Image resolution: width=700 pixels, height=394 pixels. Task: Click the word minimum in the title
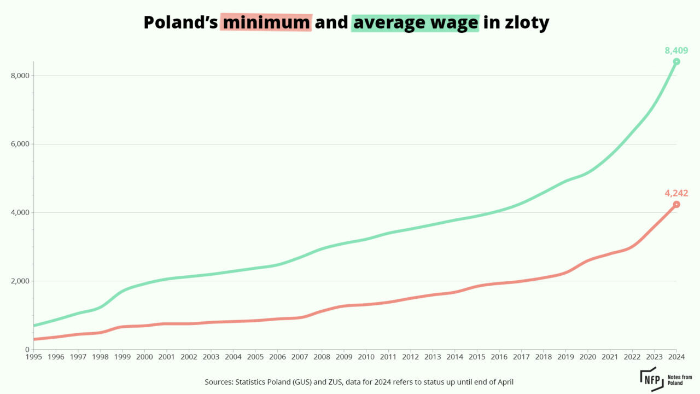click(x=266, y=22)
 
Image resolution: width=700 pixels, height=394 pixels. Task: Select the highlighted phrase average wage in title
click(x=415, y=22)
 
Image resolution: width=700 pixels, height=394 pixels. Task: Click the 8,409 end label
click(x=676, y=51)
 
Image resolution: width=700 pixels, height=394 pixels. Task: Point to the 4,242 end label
click(x=676, y=193)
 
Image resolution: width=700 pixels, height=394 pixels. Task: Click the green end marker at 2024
click(x=676, y=61)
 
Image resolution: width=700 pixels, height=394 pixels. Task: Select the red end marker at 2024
click(x=676, y=204)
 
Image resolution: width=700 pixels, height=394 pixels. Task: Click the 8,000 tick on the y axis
click(x=20, y=76)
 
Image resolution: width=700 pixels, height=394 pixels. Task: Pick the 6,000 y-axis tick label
click(x=20, y=144)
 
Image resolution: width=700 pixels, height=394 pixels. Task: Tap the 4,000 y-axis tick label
click(x=20, y=212)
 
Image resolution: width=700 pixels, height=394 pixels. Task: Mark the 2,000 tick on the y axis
click(x=20, y=281)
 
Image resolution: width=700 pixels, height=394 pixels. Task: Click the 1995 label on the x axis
click(x=34, y=357)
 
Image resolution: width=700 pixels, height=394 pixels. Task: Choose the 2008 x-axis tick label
click(x=322, y=357)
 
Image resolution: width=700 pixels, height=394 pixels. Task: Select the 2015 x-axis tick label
click(x=477, y=357)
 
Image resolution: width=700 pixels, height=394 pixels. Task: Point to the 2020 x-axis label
click(x=587, y=357)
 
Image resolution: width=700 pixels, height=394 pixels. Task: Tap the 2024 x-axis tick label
click(x=676, y=357)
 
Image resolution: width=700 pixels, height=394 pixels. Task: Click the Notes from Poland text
click(x=680, y=379)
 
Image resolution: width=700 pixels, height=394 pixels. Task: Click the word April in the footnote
click(x=504, y=381)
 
